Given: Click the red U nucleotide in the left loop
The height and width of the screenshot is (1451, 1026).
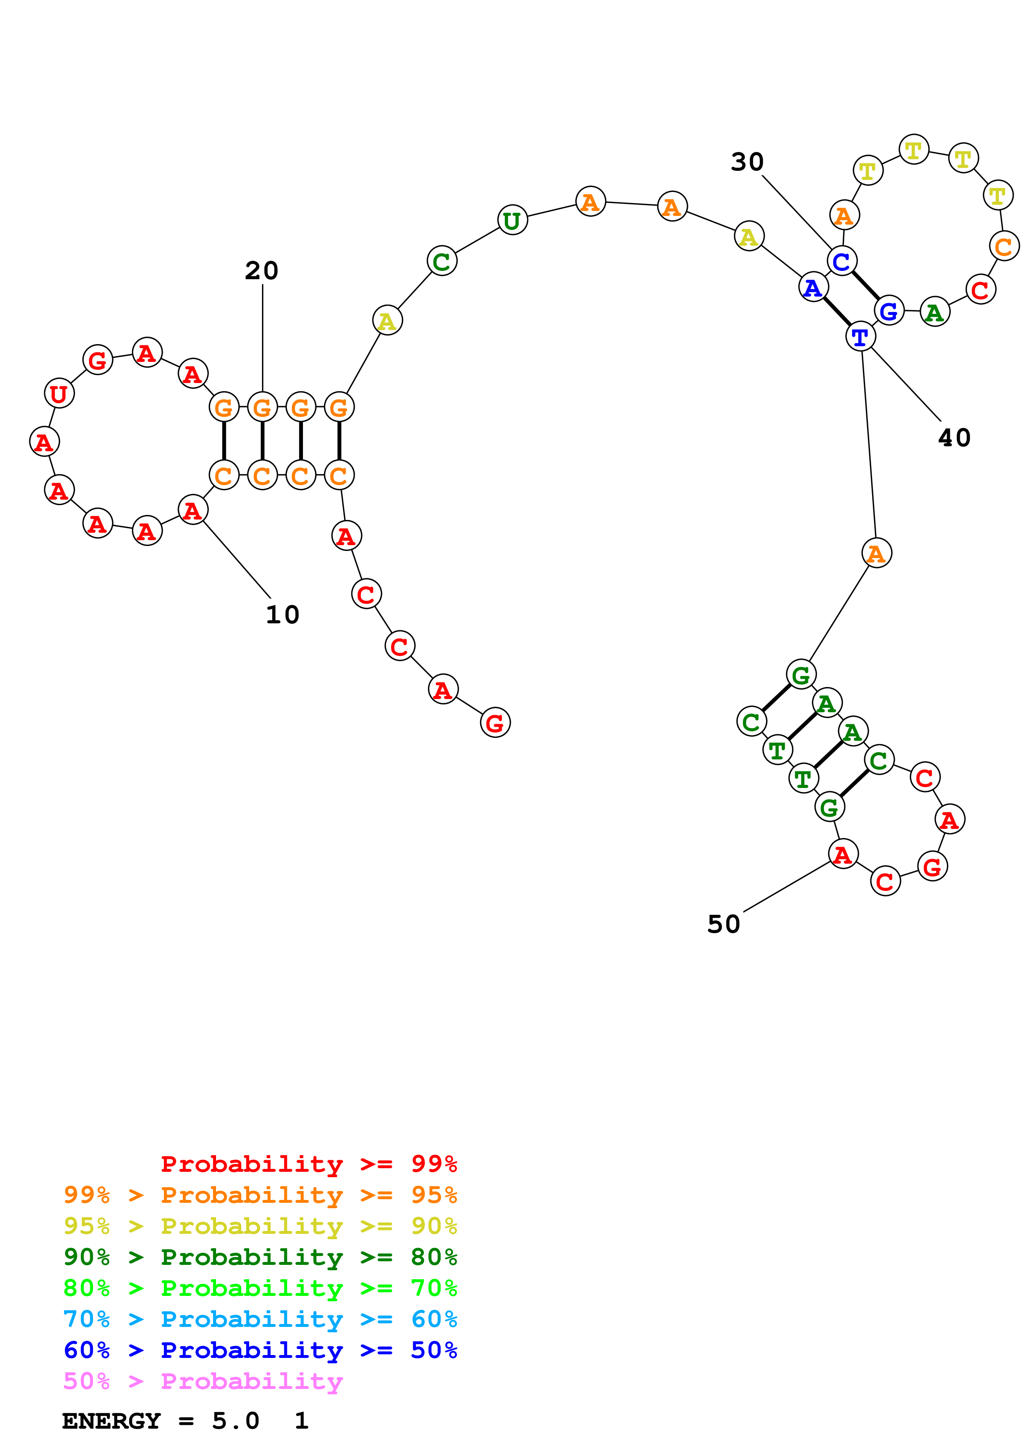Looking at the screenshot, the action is click(x=59, y=394).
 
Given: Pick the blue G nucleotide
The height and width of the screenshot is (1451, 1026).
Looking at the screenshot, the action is click(x=889, y=310).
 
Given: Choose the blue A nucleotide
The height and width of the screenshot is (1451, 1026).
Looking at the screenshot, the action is click(x=813, y=287).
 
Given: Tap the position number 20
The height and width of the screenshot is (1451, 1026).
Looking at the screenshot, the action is click(x=262, y=271).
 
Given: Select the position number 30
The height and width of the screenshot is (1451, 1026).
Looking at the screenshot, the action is click(x=747, y=162).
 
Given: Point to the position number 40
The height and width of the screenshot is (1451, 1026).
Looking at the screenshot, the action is click(x=954, y=437).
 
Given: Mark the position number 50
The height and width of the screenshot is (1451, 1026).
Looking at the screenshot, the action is click(x=723, y=924).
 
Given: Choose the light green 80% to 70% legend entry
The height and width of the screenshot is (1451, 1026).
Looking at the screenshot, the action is click(x=260, y=1288).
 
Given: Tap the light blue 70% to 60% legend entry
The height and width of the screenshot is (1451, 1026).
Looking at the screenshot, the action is click(x=260, y=1319).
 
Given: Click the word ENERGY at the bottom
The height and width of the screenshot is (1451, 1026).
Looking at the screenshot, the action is click(x=111, y=1421).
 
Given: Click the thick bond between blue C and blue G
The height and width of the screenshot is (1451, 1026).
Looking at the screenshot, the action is click(x=865, y=286).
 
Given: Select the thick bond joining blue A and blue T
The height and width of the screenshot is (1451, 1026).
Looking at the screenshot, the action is click(x=836, y=312).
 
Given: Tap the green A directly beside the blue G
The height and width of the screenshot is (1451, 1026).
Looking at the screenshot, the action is click(x=935, y=312).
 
